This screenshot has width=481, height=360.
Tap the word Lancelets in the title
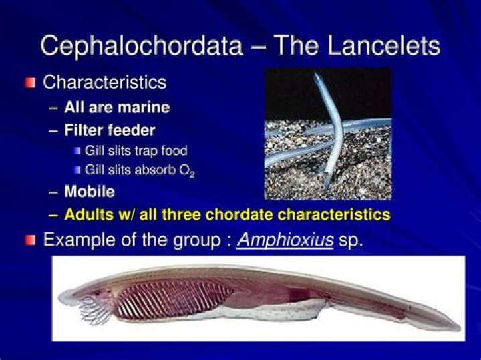click(378, 46)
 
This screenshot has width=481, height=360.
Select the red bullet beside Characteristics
click(29, 83)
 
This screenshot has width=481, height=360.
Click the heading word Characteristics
click(105, 83)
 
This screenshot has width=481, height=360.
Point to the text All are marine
click(117, 107)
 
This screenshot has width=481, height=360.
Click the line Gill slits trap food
click(136, 150)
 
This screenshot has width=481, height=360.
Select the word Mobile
click(90, 192)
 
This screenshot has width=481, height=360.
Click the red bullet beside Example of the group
click(29, 240)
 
